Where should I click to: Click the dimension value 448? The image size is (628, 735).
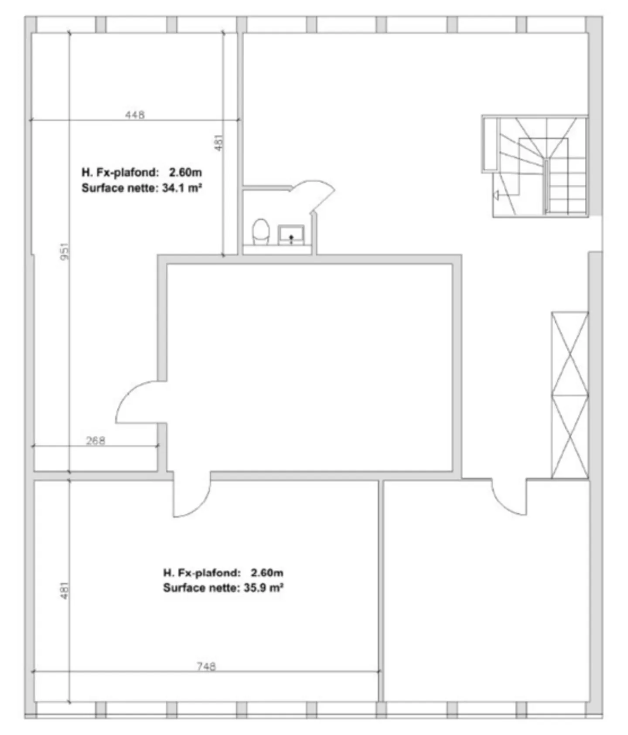[135, 115]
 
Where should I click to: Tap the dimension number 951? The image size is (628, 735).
[64, 252]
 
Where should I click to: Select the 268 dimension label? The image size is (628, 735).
[96, 441]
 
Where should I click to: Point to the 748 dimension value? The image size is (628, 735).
[206, 667]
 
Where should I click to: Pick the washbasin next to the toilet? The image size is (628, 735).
[291, 235]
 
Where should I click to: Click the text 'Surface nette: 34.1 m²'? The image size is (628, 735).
[141, 188]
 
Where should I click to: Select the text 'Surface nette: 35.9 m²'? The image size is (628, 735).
[223, 588]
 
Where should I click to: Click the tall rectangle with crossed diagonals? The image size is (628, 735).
[570, 395]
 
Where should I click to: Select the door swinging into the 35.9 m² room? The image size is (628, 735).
[191, 497]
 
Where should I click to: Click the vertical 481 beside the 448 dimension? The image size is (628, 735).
[219, 142]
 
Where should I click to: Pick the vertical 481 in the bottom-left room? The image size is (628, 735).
[64, 590]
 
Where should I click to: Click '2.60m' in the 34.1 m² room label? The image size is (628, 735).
[185, 173]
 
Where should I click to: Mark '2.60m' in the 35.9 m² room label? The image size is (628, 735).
[267, 572]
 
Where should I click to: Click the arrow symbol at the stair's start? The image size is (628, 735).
[496, 195]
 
